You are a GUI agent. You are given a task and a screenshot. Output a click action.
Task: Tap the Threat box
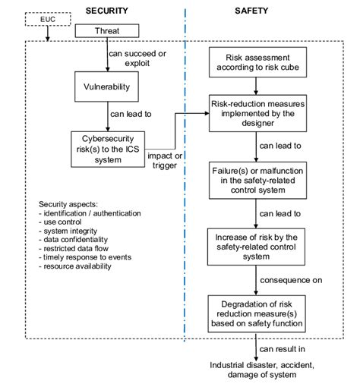[107, 32]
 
